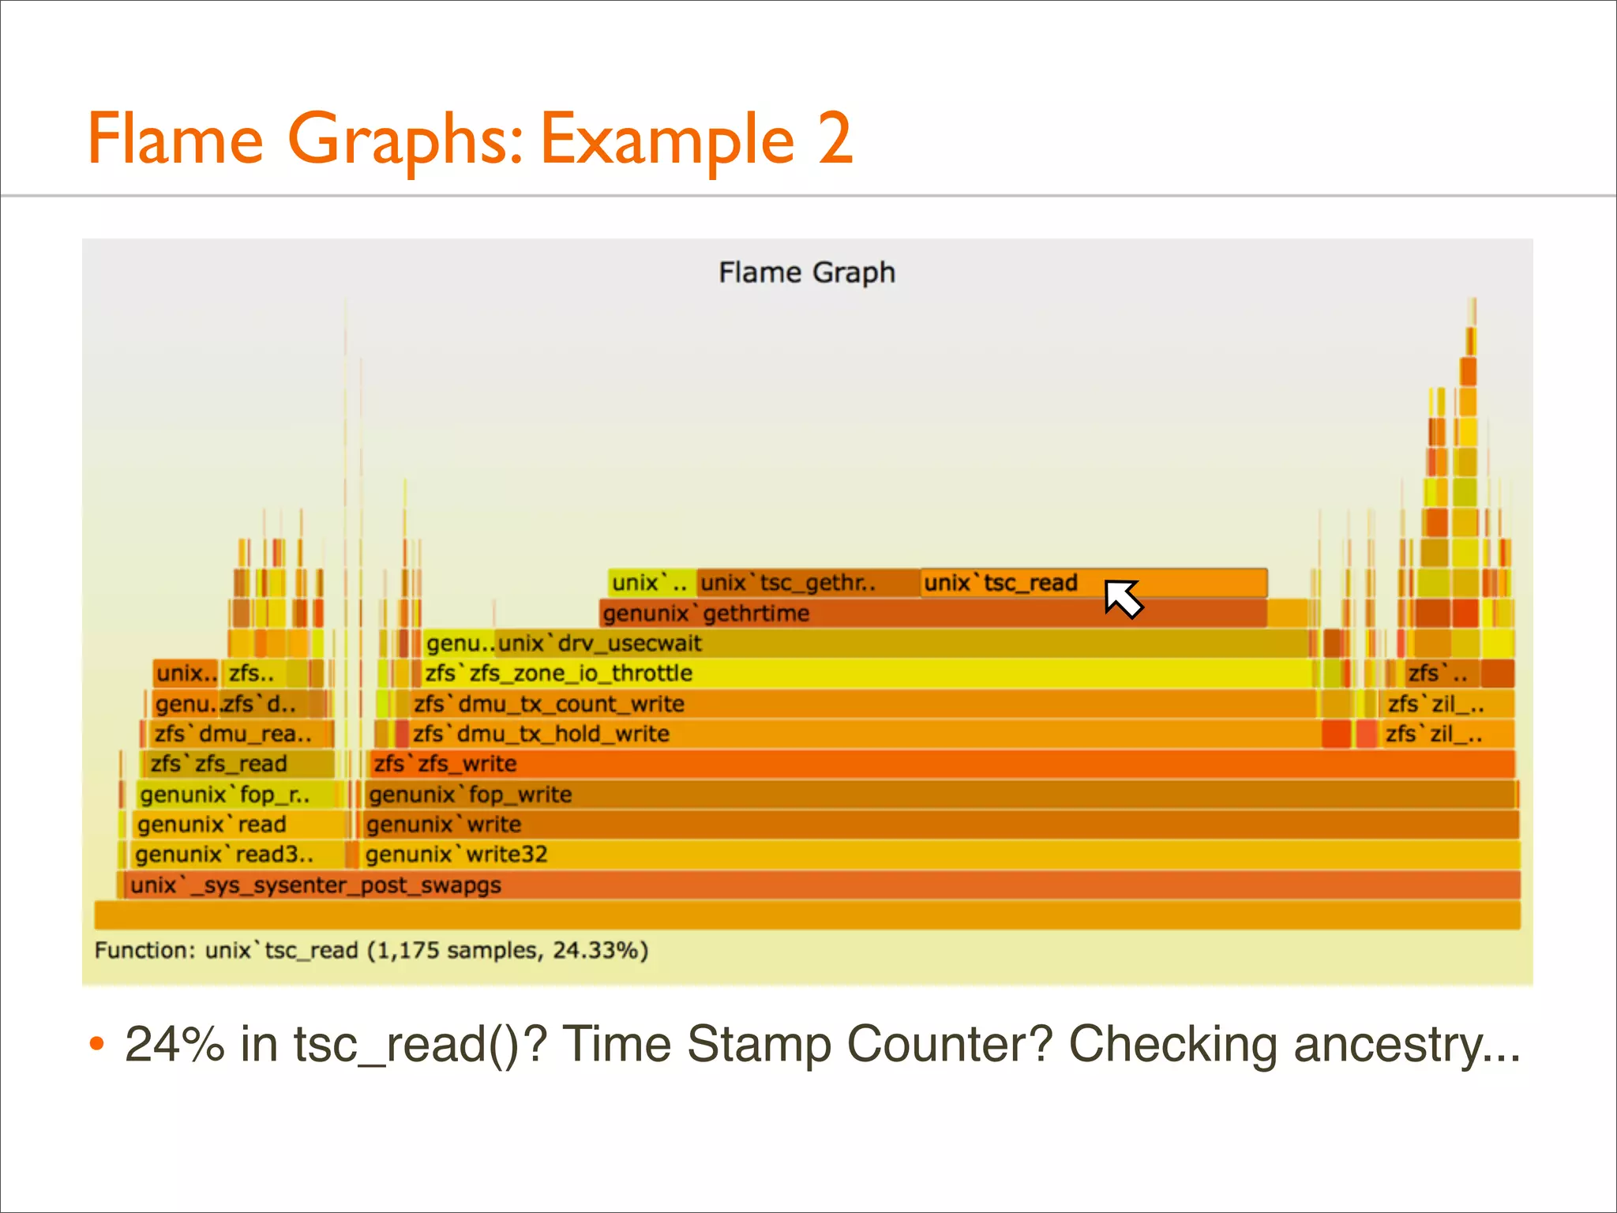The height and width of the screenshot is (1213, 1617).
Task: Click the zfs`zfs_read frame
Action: tap(237, 764)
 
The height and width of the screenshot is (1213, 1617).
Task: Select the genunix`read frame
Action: tap(237, 824)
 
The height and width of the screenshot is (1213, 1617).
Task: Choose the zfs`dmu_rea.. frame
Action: tap(237, 734)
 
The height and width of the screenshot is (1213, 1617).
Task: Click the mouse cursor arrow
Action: tap(1121, 597)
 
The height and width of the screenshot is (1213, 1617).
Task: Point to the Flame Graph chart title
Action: tap(807, 272)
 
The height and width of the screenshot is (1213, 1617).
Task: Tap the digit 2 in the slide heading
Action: tap(835, 139)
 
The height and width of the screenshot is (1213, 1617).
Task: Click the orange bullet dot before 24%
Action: tap(97, 1044)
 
